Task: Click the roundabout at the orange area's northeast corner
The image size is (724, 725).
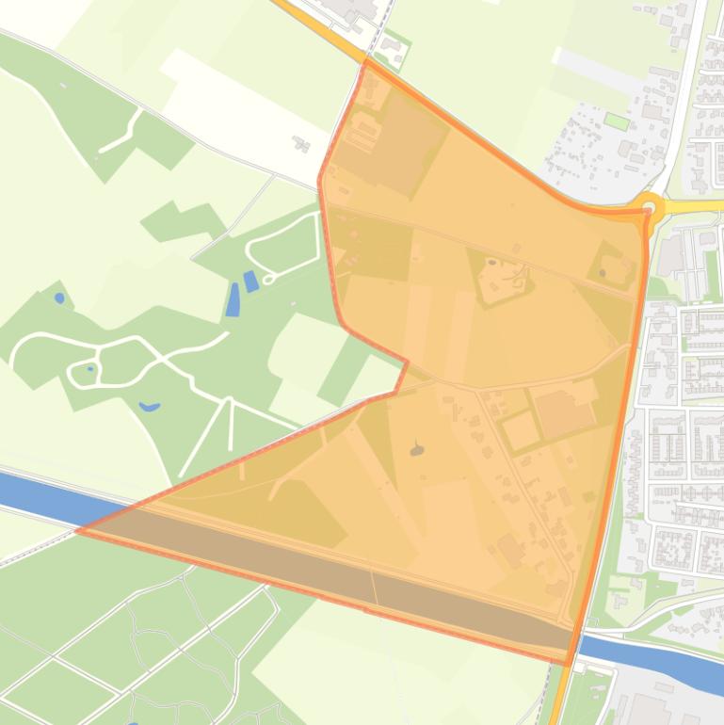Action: tap(649, 205)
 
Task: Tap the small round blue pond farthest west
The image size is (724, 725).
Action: tap(59, 298)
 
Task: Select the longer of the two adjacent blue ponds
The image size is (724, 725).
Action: tap(233, 299)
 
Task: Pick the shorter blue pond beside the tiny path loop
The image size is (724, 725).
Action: tap(250, 281)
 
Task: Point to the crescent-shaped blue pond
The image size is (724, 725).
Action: tap(149, 407)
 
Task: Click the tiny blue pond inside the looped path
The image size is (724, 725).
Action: tap(90, 368)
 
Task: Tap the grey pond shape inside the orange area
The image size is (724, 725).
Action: tap(417, 450)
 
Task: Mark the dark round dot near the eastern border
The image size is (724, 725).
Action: tap(603, 273)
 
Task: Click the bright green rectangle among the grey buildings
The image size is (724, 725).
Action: tap(616, 121)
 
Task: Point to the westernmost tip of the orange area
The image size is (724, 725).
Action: tap(77, 531)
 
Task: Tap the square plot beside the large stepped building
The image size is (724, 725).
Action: tap(520, 431)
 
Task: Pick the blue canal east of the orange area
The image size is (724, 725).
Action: tap(659, 656)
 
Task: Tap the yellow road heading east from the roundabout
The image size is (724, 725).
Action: tap(697, 205)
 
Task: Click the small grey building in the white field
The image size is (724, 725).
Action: tap(301, 144)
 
